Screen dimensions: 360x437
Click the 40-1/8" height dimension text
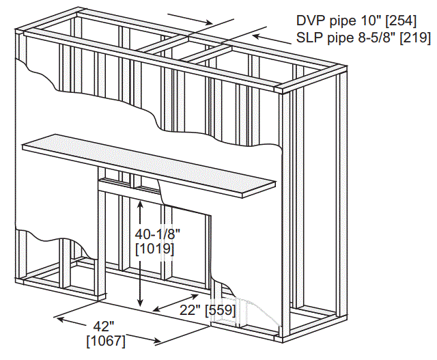[x=158, y=234]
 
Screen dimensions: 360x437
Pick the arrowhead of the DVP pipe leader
[x=211, y=23]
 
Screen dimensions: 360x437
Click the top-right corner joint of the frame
[x=281, y=89]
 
